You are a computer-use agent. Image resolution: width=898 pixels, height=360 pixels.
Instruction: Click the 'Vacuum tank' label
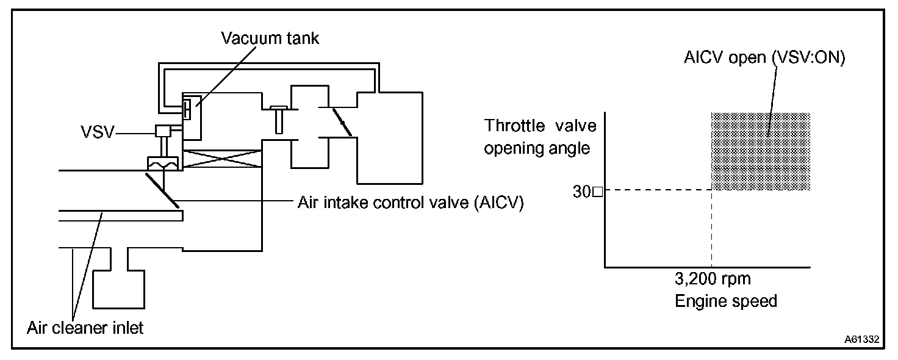tap(270, 38)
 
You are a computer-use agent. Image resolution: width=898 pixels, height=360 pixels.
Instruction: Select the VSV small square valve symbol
tap(163, 131)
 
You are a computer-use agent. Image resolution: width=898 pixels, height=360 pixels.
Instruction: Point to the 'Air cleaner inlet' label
tap(85, 328)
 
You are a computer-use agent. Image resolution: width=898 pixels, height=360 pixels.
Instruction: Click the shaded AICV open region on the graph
tap(760, 151)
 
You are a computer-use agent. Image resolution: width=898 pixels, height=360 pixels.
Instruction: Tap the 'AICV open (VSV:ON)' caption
tap(765, 59)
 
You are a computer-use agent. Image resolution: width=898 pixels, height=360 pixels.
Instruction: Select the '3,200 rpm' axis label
tap(713, 280)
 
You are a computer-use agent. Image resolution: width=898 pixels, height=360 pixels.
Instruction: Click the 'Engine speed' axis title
tap(725, 301)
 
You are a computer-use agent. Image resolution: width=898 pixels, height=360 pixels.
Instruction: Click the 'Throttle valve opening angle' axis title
tap(539, 137)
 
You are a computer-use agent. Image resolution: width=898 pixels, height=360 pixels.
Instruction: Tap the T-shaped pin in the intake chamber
tap(278, 118)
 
